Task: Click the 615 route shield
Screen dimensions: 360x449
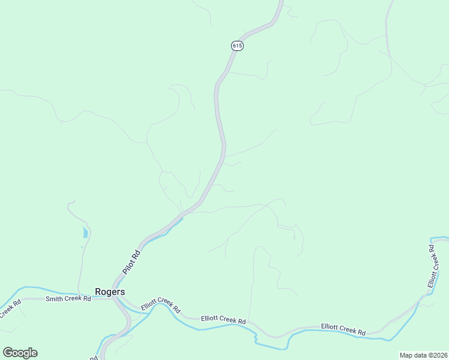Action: [237, 46]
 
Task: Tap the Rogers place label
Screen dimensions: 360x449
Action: [110, 292]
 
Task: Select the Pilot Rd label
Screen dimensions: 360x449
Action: [131, 262]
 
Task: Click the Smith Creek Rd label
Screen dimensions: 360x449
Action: [68, 298]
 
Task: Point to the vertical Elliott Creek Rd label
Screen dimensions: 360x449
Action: [433, 266]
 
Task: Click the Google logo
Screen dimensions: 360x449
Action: [20, 353]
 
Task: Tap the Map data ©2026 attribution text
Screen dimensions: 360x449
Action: [423, 355]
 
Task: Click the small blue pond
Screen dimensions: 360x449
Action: [85, 232]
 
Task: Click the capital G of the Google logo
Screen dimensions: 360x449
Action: [8, 353]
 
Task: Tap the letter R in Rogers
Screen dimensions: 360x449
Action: [98, 292]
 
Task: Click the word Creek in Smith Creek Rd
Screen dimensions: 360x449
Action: [72, 298]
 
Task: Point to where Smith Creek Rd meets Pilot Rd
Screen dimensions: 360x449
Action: [113, 298]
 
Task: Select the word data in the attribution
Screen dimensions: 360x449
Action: [420, 355]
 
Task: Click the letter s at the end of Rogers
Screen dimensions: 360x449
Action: [122, 292]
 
